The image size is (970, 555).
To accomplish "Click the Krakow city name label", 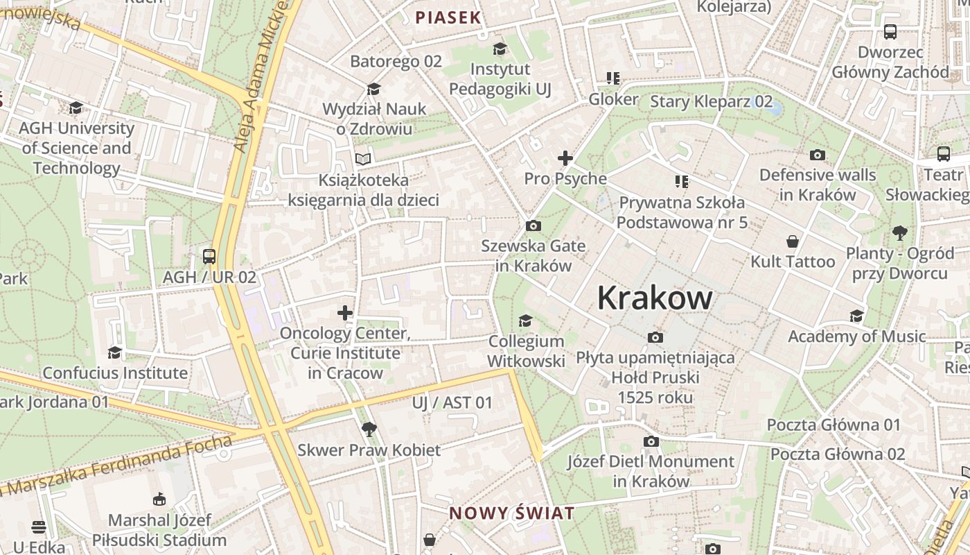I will pos(654,298).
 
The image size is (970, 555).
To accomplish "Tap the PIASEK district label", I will pos(448,17).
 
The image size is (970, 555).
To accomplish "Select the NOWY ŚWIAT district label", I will pos(512,513).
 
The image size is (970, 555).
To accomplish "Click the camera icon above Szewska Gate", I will pos(533,225).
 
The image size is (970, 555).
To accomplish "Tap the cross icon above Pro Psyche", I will pos(565,158).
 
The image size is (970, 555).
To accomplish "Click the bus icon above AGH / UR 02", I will pos(209,257).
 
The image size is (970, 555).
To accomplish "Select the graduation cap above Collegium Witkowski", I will pos(526,321).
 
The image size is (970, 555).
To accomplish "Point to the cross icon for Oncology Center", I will pos(345,313).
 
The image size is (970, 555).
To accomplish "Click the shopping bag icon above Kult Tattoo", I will pos(793,241).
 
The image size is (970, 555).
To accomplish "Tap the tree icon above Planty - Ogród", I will pos(899,232).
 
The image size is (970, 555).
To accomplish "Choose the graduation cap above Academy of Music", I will pos(856,316).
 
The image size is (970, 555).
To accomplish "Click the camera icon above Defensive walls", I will pos(818,155).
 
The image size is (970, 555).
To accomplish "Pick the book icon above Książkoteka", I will pos(363,159).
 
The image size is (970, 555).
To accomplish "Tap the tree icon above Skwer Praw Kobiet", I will pos(369,429).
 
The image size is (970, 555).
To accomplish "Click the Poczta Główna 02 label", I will pos(838,454).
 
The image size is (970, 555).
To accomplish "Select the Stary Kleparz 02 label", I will pos(711,101).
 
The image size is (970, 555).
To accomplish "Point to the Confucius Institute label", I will pos(115,373).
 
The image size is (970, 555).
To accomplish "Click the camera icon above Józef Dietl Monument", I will pos(651,441).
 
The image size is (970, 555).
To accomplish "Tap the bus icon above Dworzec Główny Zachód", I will pos(890,32).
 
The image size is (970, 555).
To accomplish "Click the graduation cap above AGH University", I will pos(76,108).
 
